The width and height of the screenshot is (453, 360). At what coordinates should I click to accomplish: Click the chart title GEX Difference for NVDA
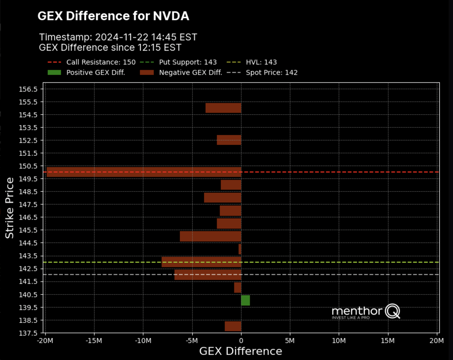(113, 16)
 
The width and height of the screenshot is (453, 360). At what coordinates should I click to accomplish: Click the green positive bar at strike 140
(245, 300)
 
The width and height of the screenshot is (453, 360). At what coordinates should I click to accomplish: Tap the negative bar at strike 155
(223, 108)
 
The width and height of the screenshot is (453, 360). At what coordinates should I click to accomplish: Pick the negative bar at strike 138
(233, 326)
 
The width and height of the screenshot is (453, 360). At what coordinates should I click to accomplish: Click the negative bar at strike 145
(210, 236)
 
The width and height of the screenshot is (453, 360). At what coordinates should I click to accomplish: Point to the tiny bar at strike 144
(240, 249)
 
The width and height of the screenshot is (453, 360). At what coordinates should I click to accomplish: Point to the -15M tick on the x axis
(94, 341)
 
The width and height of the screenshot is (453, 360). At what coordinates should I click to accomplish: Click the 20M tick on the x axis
(437, 341)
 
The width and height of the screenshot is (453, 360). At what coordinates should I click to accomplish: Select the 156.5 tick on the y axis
(29, 89)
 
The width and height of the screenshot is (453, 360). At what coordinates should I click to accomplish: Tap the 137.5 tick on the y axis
(29, 333)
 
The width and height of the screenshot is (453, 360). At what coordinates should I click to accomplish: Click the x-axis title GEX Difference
(240, 351)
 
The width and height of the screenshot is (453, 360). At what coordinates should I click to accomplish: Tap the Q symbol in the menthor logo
(393, 311)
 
